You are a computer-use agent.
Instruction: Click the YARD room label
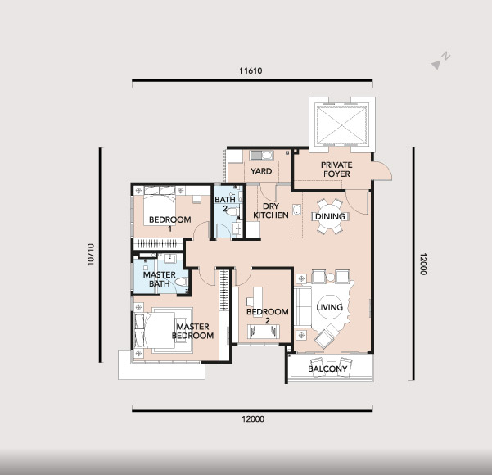[261, 171]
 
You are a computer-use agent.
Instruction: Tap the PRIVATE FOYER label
[336, 170]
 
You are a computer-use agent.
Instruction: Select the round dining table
[330, 216]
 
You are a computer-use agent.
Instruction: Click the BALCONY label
[327, 369]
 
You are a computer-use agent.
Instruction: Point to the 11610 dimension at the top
[251, 70]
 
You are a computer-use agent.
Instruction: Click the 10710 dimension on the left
[91, 255]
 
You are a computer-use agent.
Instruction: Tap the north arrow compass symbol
[440, 61]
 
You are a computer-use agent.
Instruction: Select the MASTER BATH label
[160, 279]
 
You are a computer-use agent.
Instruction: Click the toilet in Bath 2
[231, 211]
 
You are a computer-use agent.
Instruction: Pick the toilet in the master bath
[181, 282]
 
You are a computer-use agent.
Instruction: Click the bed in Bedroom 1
[160, 210]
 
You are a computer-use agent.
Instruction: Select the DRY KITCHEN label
[271, 210]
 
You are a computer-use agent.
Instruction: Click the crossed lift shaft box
[341, 125]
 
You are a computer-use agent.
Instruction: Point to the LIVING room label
[329, 307]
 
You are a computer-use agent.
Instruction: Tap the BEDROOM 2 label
[268, 316]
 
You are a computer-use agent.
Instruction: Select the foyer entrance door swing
[383, 170]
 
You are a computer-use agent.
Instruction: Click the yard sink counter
[261, 155]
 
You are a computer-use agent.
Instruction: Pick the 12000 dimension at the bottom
[253, 418]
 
